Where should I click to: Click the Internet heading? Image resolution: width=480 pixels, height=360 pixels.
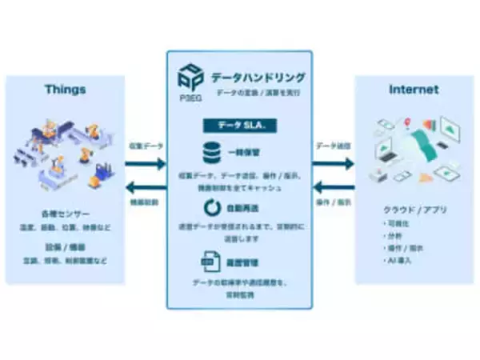[413, 90]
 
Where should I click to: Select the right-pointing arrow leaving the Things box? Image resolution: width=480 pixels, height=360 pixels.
[146, 163]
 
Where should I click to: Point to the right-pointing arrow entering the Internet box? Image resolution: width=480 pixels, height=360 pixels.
[333, 163]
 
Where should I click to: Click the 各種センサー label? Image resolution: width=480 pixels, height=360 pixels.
[66, 215]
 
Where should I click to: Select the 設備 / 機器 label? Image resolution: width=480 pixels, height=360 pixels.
[66, 248]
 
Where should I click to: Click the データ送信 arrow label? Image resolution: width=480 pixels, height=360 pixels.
[333, 146]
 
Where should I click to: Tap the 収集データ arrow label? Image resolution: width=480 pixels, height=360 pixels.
[146, 146]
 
